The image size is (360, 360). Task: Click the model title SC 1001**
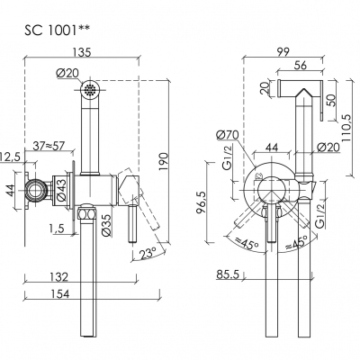click(57, 31)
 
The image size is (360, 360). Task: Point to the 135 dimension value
click(81, 52)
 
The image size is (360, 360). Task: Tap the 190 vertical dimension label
click(164, 162)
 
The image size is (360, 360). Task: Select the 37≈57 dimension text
click(49, 146)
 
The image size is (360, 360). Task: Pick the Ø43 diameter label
click(61, 189)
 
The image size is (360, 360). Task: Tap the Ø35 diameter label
click(107, 225)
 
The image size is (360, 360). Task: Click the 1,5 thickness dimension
click(58, 229)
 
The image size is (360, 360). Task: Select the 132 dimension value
click(59, 277)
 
